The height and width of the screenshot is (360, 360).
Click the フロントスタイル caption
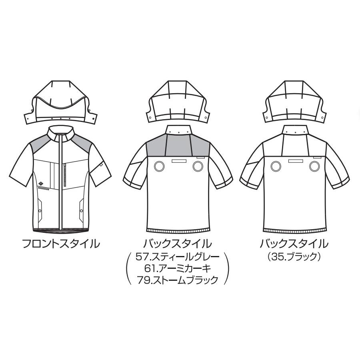point(60,244)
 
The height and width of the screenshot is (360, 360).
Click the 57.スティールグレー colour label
point(178,256)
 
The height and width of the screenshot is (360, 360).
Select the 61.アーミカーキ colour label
point(178,268)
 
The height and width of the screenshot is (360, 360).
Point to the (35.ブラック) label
point(294,256)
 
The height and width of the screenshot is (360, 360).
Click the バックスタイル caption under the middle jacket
point(178,243)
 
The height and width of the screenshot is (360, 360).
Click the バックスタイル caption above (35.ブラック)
point(294,243)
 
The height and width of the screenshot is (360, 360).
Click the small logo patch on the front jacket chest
point(43,184)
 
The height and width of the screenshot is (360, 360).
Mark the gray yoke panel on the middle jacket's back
point(178,147)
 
